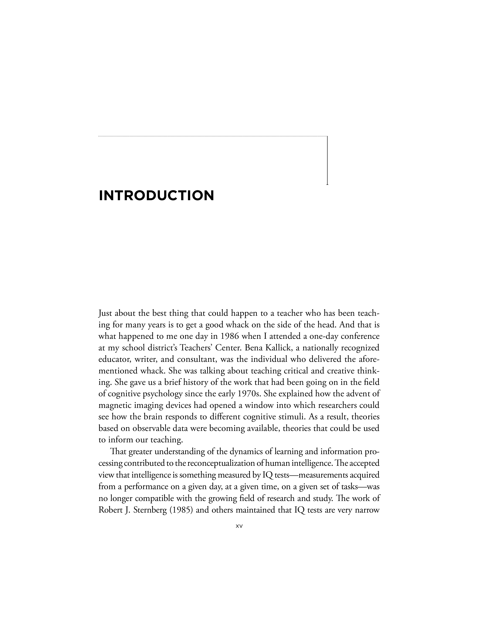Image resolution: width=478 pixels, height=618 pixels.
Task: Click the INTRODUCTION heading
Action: pos(156,196)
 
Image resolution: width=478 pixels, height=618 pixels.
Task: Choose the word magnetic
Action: pos(114,405)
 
